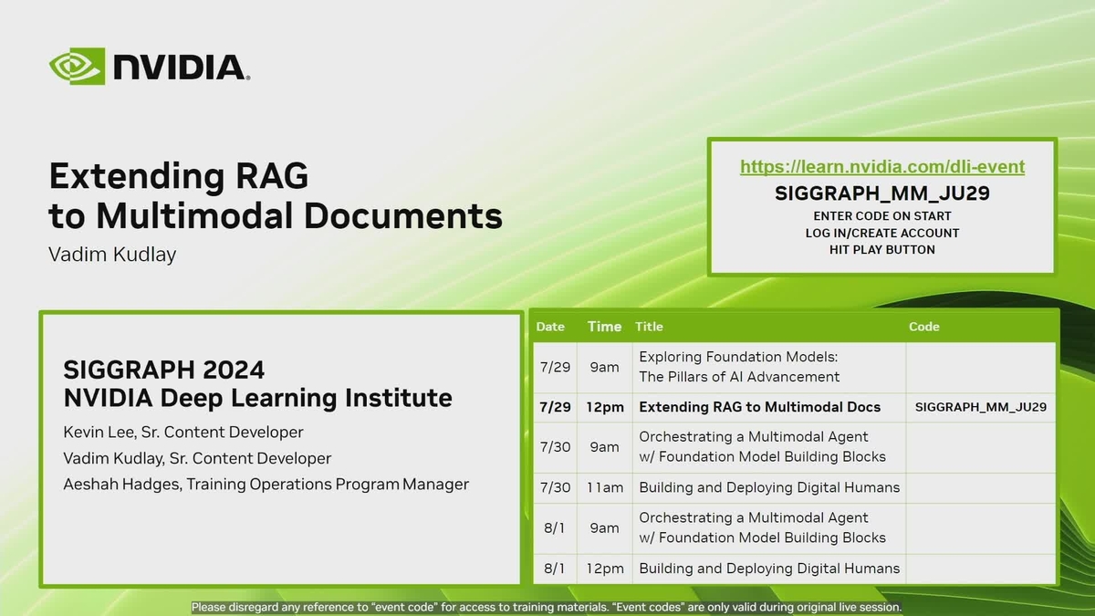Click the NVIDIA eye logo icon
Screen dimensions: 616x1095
pos(78,67)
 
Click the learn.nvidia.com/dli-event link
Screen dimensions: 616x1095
pos(881,167)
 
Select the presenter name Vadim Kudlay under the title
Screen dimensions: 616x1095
pos(111,255)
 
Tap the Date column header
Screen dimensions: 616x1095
pos(550,327)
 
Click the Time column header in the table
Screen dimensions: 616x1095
pos(604,327)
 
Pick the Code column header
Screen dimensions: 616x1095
pos(923,327)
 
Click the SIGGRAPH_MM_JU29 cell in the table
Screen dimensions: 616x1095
pos(980,407)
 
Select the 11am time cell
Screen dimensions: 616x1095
pos(604,487)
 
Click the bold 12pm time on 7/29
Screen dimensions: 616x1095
pos(604,407)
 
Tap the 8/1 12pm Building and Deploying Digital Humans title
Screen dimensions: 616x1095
pos(769,568)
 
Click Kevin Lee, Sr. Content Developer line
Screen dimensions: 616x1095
pos(183,432)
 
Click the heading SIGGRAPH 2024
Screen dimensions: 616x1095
pos(164,370)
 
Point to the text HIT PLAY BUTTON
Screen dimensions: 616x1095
pos(881,249)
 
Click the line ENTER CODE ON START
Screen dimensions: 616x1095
pos(881,216)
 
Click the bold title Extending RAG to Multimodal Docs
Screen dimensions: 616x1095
pos(759,407)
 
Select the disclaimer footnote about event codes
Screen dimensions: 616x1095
pos(546,607)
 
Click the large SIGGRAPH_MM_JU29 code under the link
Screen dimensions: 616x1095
pos(881,193)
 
